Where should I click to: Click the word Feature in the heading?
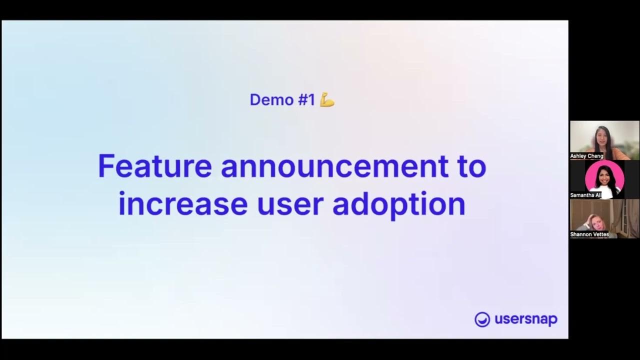[x=154, y=166]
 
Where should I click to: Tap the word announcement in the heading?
[x=334, y=166]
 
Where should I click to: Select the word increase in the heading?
[x=182, y=204]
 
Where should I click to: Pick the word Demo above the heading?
[x=271, y=100]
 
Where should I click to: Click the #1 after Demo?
[x=306, y=100]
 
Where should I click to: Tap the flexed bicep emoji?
[x=327, y=100]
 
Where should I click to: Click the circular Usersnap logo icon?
[x=482, y=319]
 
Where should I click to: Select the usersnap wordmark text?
[x=525, y=319]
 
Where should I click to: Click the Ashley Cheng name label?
[x=586, y=156]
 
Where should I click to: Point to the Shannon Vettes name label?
[x=589, y=234]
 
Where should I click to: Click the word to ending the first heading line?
[x=471, y=166]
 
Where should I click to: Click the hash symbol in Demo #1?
[x=302, y=100]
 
